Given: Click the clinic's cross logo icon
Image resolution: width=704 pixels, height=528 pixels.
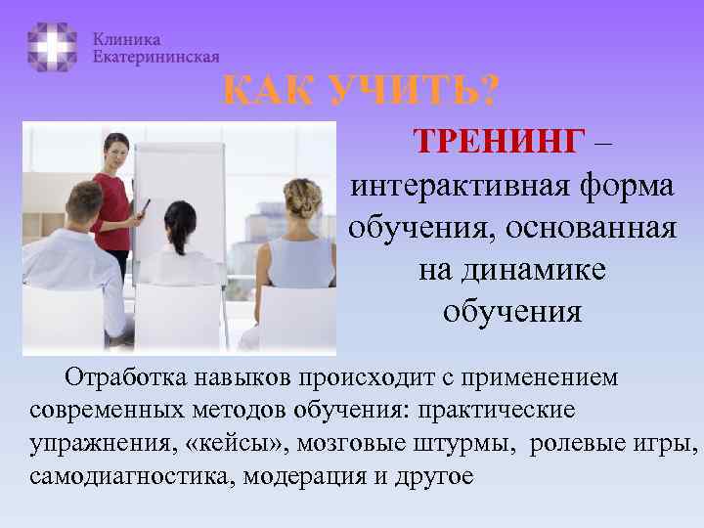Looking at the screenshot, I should pyautogui.click(x=52, y=46).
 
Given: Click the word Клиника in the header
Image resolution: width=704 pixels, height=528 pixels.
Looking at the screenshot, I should pyautogui.click(x=127, y=39).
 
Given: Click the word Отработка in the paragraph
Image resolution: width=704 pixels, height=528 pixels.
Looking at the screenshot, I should pyautogui.click(x=126, y=377).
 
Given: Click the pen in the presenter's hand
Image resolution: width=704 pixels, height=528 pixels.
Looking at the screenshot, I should pyautogui.click(x=146, y=206).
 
